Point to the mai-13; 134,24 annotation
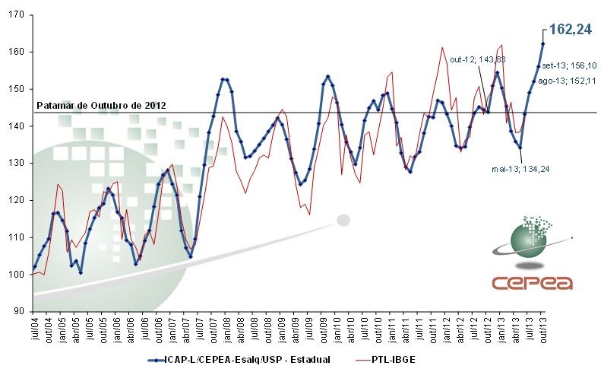point(520,169)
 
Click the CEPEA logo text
point(532,283)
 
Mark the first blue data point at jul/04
point(35,267)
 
